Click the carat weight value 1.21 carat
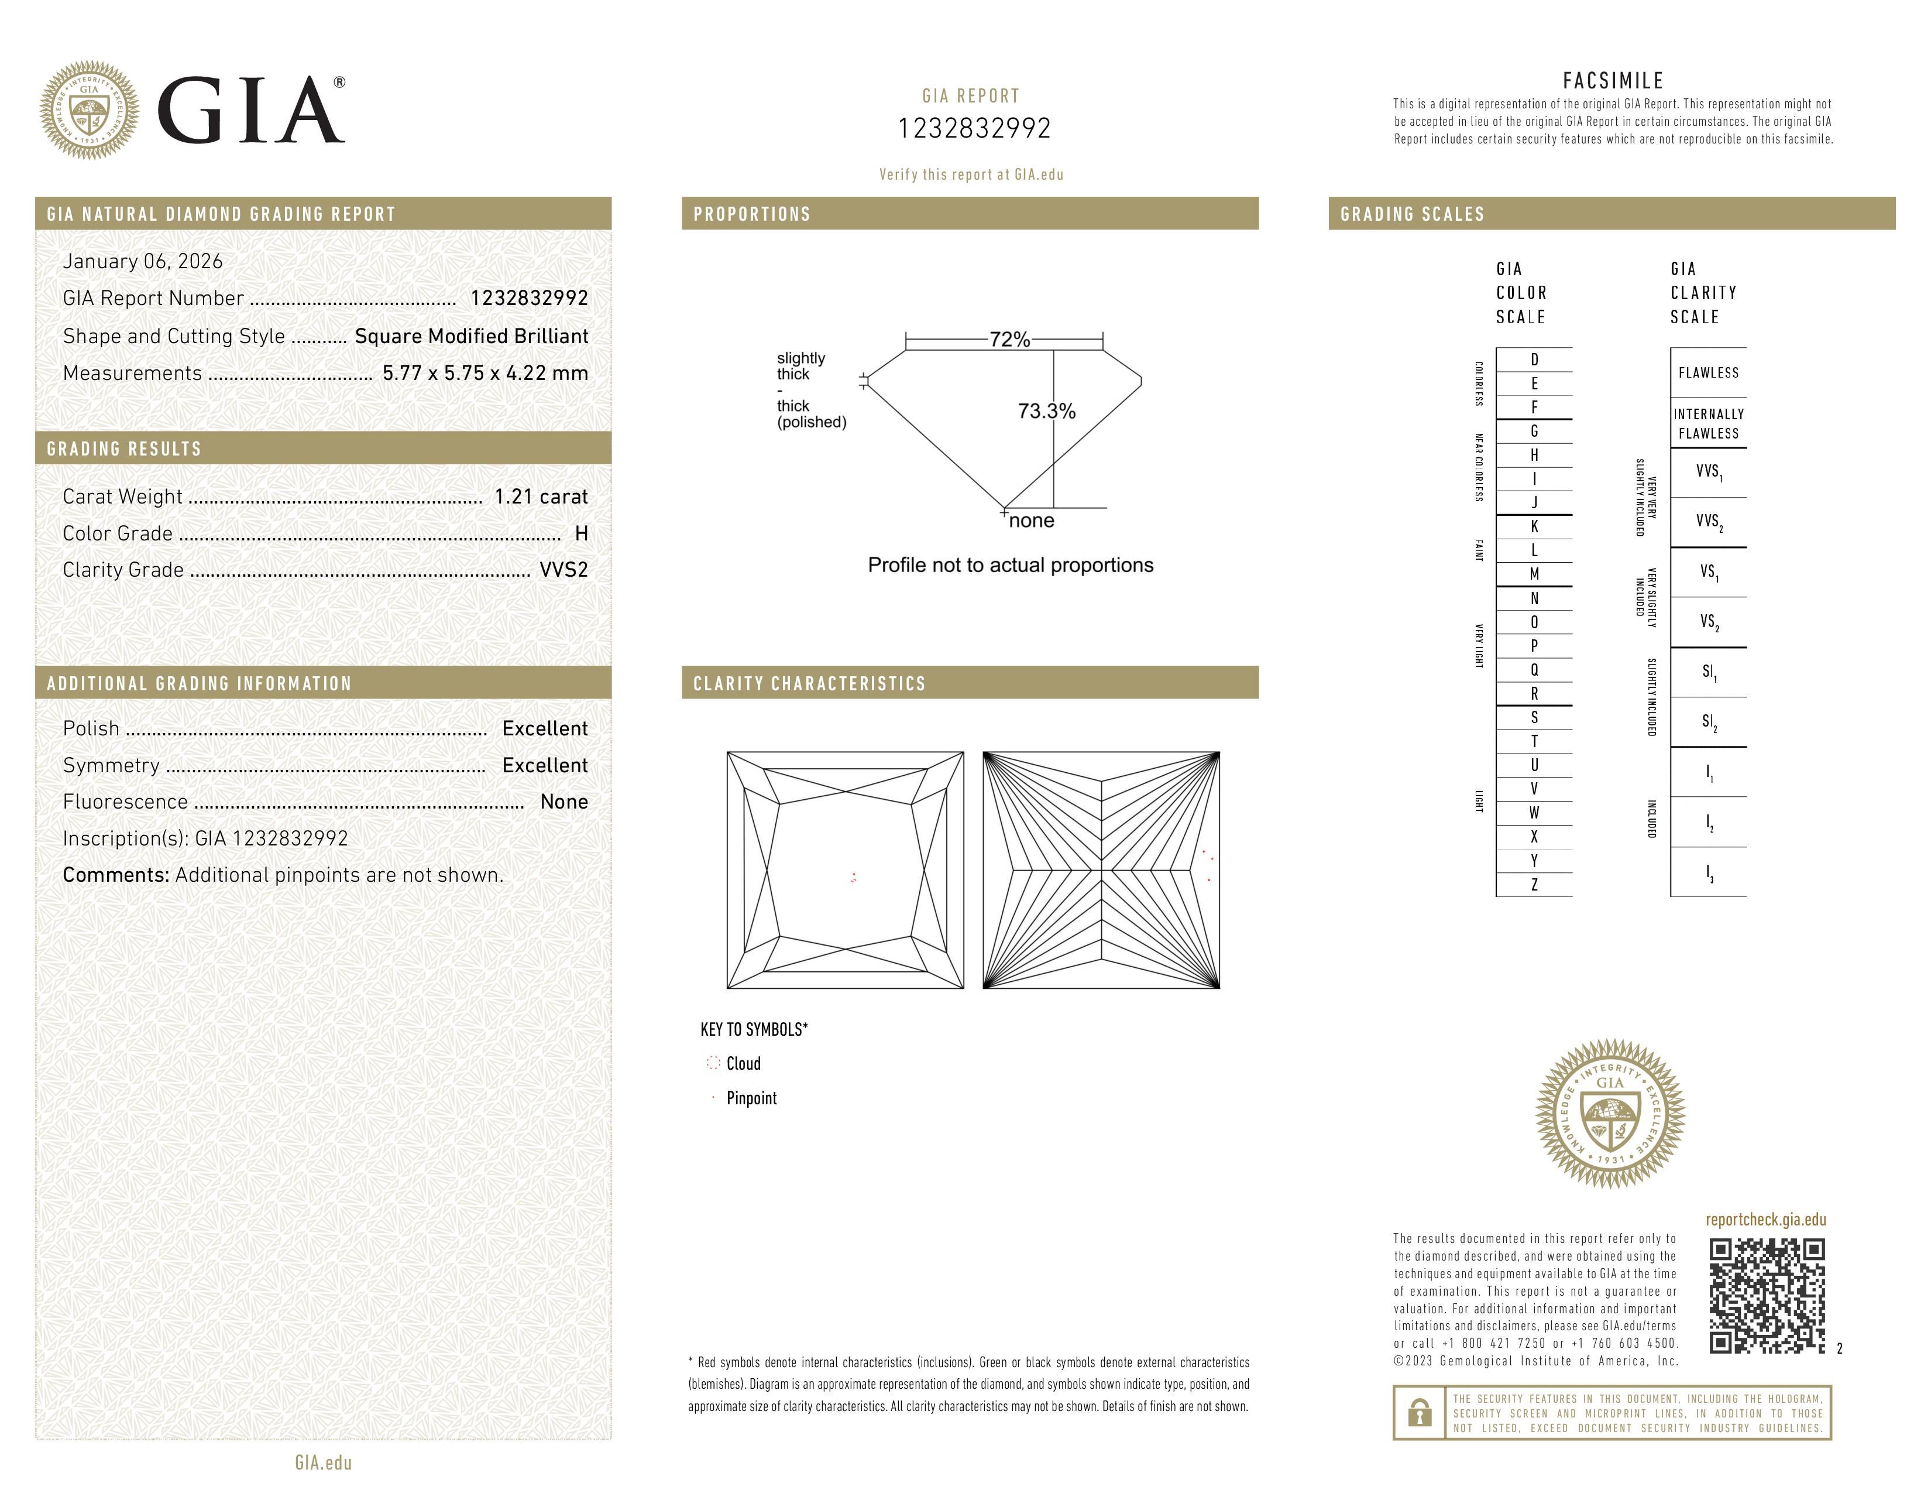click(x=540, y=497)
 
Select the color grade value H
click(x=581, y=533)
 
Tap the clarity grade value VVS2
click(x=563, y=570)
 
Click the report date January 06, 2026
click(x=142, y=261)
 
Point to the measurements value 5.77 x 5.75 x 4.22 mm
click(x=485, y=374)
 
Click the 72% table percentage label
click(x=1009, y=340)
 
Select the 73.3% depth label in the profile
click(x=1046, y=411)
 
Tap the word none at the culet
click(x=1031, y=521)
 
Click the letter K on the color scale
click(x=1534, y=526)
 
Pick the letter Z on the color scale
click(x=1534, y=885)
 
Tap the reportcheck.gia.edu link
click(x=1765, y=1220)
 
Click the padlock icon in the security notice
click(x=1419, y=1413)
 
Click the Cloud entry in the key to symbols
click(x=743, y=1064)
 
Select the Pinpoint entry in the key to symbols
click(x=751, y=1098)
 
